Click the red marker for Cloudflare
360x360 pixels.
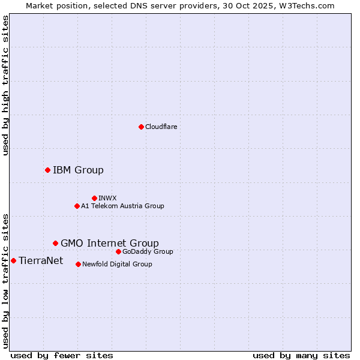(x=141, y=127)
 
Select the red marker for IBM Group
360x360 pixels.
(x=47, y=170)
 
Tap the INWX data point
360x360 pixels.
(x=94, y=198)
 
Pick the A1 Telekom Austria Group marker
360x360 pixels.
(x=77, y=206)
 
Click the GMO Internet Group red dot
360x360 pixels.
(x=55, y=243)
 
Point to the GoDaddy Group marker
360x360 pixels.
(x=118, y=251)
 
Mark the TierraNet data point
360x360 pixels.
(x=13, y=260)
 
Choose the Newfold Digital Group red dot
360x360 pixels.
(x=78, y=264)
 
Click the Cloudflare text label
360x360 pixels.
(x=161, y=127)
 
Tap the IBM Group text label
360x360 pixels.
(x=78, y=170)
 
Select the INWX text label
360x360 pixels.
(x=107, y=198)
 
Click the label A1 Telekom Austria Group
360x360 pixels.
(x=122, y=206)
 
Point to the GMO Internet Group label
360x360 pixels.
(x=110, y=243)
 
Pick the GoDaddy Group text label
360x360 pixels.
(x=148, y=251)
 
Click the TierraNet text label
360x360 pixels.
(x=41, y=260)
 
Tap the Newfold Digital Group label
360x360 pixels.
(x=117, y=264)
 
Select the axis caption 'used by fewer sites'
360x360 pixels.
(x=62, y=355)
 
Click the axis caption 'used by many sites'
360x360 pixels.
(x=301, y=355)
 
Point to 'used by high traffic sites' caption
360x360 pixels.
(x=5, y=85)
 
